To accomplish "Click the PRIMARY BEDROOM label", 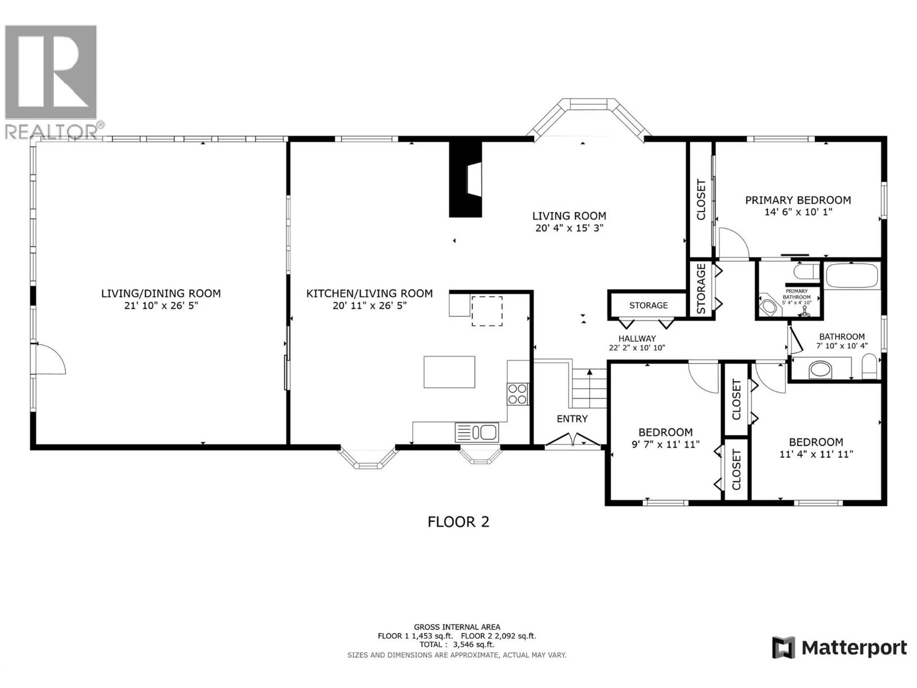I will coord(798,200).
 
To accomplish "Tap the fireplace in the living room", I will coord(466,179).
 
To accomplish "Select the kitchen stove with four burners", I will coord(518,394).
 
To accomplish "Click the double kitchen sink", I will coord(477,432).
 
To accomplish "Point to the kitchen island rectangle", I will coord(449,372).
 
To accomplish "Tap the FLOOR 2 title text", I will coord(458,522).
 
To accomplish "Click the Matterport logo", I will coord(840,648).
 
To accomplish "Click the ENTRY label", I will coord(572,419).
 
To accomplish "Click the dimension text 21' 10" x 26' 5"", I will coord(160,306).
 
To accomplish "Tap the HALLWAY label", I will coord(637,339).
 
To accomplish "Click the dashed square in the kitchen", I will coord(487,311).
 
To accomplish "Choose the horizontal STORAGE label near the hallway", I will coord(648,306).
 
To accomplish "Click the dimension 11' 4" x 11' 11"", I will coord(816,455).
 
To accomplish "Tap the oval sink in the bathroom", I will coord(820,370).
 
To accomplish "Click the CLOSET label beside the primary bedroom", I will coord(700,200).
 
